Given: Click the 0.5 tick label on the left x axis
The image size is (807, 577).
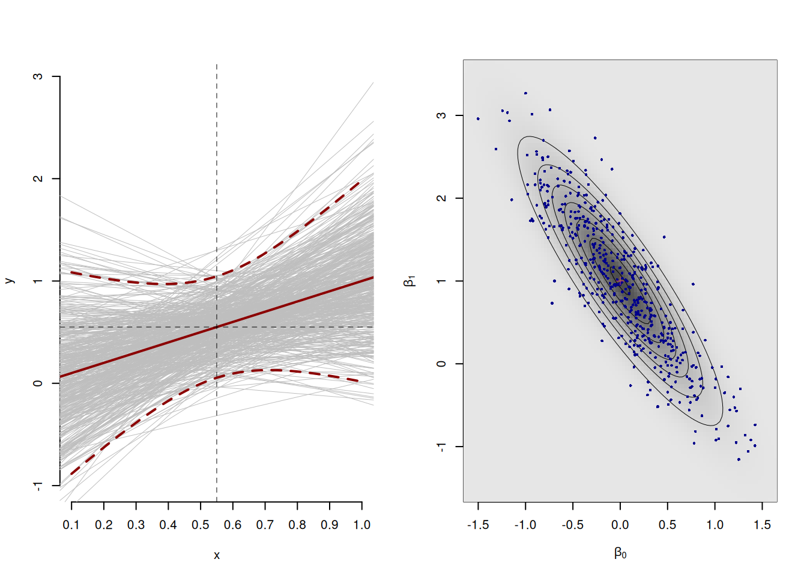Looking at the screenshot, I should pos(201,525).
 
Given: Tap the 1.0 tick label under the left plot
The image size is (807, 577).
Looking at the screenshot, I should pos(361,525).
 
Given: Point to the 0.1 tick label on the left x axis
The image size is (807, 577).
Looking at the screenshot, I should pos(71,525).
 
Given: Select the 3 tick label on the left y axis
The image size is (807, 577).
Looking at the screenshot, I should pos(38,77).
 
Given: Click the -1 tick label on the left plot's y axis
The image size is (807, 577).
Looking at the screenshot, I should pos(38,486).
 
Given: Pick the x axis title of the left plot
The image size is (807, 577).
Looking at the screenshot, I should pos(217,555).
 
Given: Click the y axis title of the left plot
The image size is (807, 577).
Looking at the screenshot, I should pos(8,281).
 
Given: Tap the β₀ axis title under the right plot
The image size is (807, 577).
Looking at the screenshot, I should pos(620,553).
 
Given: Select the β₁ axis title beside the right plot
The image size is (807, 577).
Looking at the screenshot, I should pos(410,281).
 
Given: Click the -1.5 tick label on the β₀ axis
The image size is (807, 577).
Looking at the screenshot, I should pos(478,525).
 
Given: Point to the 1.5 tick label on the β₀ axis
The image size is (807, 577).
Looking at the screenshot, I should pos(762,525).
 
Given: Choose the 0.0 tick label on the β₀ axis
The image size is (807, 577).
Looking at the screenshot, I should pos(620,525).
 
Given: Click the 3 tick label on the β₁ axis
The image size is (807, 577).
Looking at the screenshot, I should pos(442,115).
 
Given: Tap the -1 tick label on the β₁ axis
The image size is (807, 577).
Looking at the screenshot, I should pos(442,447).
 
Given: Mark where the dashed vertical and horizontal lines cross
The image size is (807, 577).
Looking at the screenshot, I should pos(217,327).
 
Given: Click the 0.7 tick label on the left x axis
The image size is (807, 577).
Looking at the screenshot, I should pos(265,525).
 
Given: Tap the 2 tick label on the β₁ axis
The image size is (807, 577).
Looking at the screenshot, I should pos(442,198).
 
